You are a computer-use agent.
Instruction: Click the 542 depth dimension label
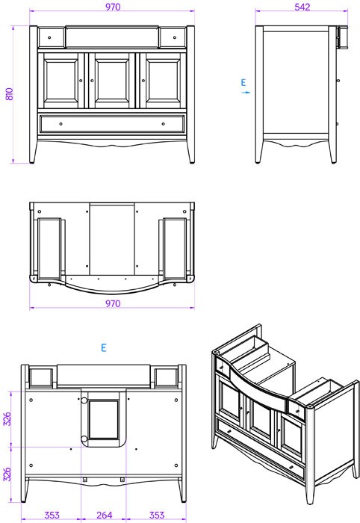pyautogui.click(x=302, y=7)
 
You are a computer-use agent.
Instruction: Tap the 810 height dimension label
pyautogui.click(x=9, y=94)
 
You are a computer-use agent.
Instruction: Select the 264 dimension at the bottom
pyautogui.click(x=104, y=515)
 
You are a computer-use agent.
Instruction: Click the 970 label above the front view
pyautogui.click(x=113, y=7)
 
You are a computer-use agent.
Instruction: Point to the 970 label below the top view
pyautogui.click(x=113, y=303)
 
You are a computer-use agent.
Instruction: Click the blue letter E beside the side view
pyautogui.click(x=243, y=82)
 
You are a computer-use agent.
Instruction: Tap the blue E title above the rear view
pyautogui.click(x=104, y=347)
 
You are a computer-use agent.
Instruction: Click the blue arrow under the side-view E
pyautogui.click(x=245, y=92)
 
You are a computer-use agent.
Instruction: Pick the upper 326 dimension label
pyautogui.click(x=7, y=419)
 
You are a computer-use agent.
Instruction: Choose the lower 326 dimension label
pyautogui.click(x=7, y=474)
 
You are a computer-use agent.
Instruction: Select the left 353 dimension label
pyautogui.click(x=52, y=515)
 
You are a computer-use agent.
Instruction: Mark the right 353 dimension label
pyautogui.click(x=156, y=515)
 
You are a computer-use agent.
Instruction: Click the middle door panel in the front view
pyautogui.click(x=112, y=81)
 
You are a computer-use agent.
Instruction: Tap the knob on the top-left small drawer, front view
pyautogui.click(x=49, y=37)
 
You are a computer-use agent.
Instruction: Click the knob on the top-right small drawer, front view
pyautogui.click(x=175, y=37)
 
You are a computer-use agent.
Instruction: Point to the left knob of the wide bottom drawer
pyautogui.click(x=60, y=124)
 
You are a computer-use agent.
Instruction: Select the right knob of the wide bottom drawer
pyautogui.click(x=163, y=124)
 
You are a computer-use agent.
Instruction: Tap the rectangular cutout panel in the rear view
pyautogui.click(x=104, y=419)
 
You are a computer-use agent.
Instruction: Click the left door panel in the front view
pyautogui.click(x=61, y=81)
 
